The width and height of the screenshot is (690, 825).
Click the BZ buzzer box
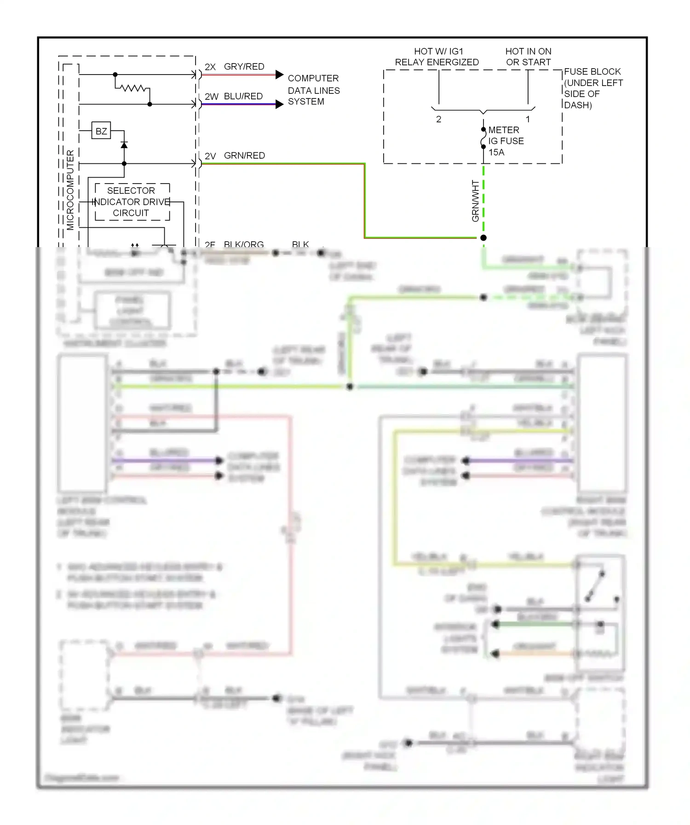(101, 131)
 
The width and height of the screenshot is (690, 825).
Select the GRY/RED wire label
(244, 67)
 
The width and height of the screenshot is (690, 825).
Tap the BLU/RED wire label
(243, 96)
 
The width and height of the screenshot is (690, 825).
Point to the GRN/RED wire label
(244, 156)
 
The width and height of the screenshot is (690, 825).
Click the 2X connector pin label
(210, 67)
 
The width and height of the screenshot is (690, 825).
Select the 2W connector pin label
(211, 97)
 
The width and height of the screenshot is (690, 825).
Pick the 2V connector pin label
(210, 156)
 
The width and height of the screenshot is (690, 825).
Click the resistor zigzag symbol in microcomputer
(132, 87)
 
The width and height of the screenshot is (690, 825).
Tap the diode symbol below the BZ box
(124, 145)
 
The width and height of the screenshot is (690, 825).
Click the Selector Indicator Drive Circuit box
(132, 202)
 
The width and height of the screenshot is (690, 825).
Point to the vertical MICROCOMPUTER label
(70, 190)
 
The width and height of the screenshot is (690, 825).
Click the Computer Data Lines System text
(314, 90)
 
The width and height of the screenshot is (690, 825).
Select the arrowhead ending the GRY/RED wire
(279, 75)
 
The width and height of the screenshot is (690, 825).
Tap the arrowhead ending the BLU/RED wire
(279, 104)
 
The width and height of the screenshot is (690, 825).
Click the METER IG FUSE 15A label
(506, 141)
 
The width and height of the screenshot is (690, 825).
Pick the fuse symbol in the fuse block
(483, 138)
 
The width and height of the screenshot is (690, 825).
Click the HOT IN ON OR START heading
(528, 57)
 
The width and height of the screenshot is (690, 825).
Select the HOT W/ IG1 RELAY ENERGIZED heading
(437, 57)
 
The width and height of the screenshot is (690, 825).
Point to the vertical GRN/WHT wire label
(475, 201)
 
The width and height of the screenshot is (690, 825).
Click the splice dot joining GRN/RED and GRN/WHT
(483, 238)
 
